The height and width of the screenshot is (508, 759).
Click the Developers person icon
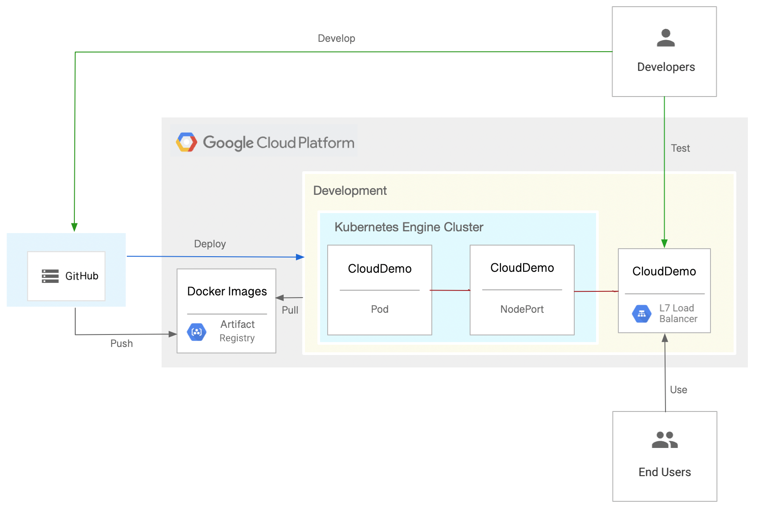coord(666,38)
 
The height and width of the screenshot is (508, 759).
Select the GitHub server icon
coord(50,276)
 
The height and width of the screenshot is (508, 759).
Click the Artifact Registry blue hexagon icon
coord(197,332)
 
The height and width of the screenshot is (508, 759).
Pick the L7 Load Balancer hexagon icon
coord(641,314)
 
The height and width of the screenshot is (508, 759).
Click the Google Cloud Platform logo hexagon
coord(187,142)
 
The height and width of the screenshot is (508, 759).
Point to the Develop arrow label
coord(336,38)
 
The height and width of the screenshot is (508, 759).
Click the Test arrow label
coord(680,148)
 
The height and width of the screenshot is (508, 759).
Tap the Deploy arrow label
coord(210,244)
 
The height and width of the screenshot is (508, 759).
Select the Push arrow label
coord(122,343)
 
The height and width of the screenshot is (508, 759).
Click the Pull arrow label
coord(290,310)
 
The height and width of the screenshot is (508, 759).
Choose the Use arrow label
coord(678,390)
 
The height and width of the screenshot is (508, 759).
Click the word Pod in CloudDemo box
coord(380,309)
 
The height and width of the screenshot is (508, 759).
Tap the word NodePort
coord(522,309)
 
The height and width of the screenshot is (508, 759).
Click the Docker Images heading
coord(227,291)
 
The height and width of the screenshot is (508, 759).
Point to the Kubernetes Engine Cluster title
coord(409,227)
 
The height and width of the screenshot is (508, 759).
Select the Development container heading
coord(350,190)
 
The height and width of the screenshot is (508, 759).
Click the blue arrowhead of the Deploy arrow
coord(300,257)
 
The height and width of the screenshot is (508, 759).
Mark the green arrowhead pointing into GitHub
coord(74,227)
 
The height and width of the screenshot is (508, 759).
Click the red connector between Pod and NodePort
coord(451,290)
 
